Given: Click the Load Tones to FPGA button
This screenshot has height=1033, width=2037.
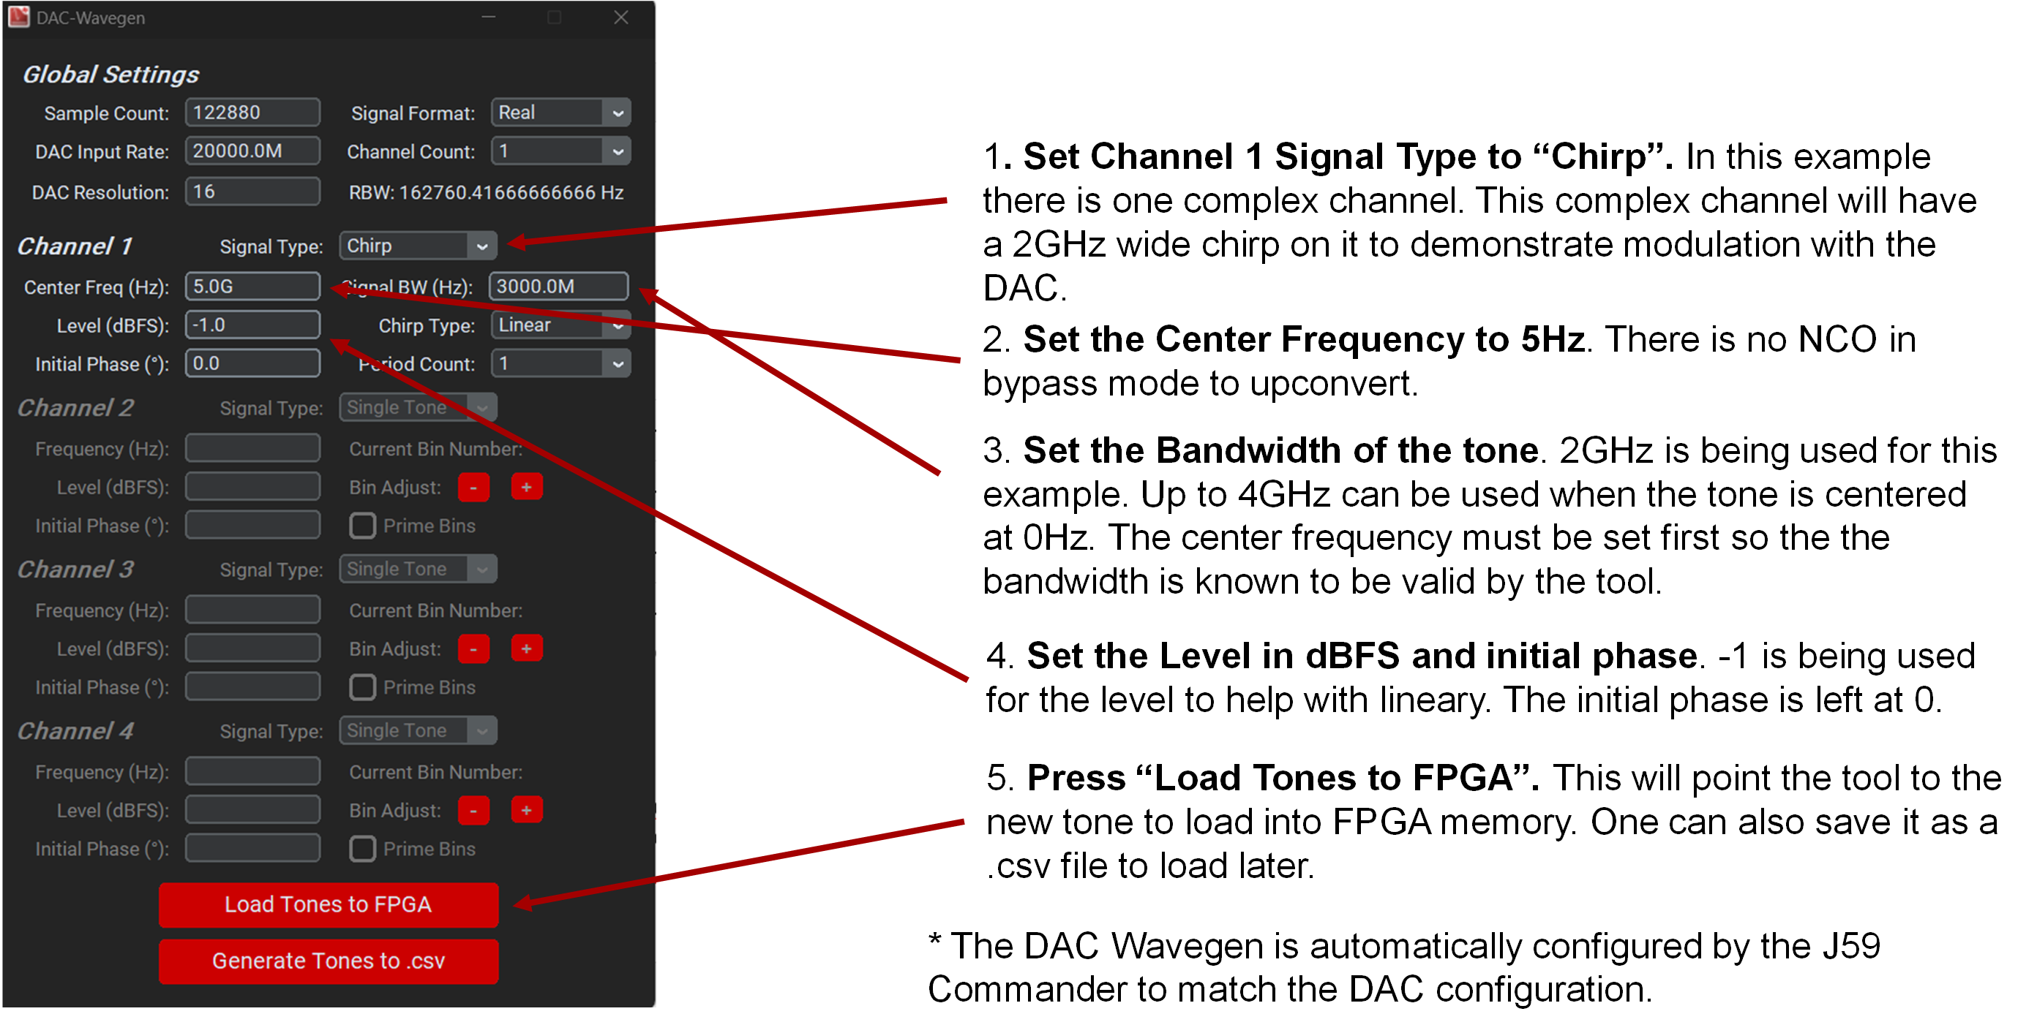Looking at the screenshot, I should [329, 904].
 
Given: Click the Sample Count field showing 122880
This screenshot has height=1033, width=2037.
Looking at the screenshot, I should [252, 113].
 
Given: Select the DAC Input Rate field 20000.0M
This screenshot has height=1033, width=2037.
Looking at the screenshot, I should [252, 151].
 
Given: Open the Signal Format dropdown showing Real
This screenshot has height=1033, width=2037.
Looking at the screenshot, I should [560, 113].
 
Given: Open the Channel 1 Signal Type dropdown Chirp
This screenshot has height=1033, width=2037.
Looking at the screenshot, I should [418, 246].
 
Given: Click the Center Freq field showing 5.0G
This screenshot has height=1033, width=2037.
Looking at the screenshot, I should [252, 286].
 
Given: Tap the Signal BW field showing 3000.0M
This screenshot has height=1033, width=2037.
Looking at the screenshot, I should [558, 286].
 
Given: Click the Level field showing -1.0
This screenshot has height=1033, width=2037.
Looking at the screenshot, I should [252, 325].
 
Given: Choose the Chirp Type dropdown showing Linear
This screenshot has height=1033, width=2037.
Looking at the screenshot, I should [560, 325].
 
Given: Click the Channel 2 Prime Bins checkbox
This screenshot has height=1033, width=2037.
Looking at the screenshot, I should [362, 526].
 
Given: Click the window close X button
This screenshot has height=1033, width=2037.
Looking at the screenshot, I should [621, 18].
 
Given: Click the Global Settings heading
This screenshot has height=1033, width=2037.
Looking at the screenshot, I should [110, 75].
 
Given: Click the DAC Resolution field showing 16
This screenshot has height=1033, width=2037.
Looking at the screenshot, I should [252, 192].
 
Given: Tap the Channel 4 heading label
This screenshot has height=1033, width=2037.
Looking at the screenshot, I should [76, 730].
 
